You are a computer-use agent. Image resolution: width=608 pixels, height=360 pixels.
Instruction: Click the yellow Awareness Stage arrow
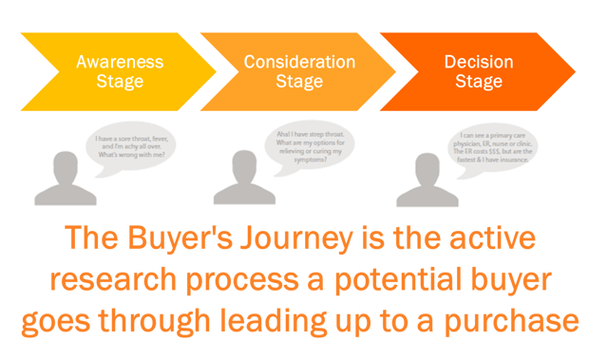click(x=104, y=71)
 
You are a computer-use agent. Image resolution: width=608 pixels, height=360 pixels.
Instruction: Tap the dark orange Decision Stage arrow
click(x=475, y=71)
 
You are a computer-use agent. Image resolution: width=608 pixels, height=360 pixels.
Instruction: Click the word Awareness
click(x=120, y=62)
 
